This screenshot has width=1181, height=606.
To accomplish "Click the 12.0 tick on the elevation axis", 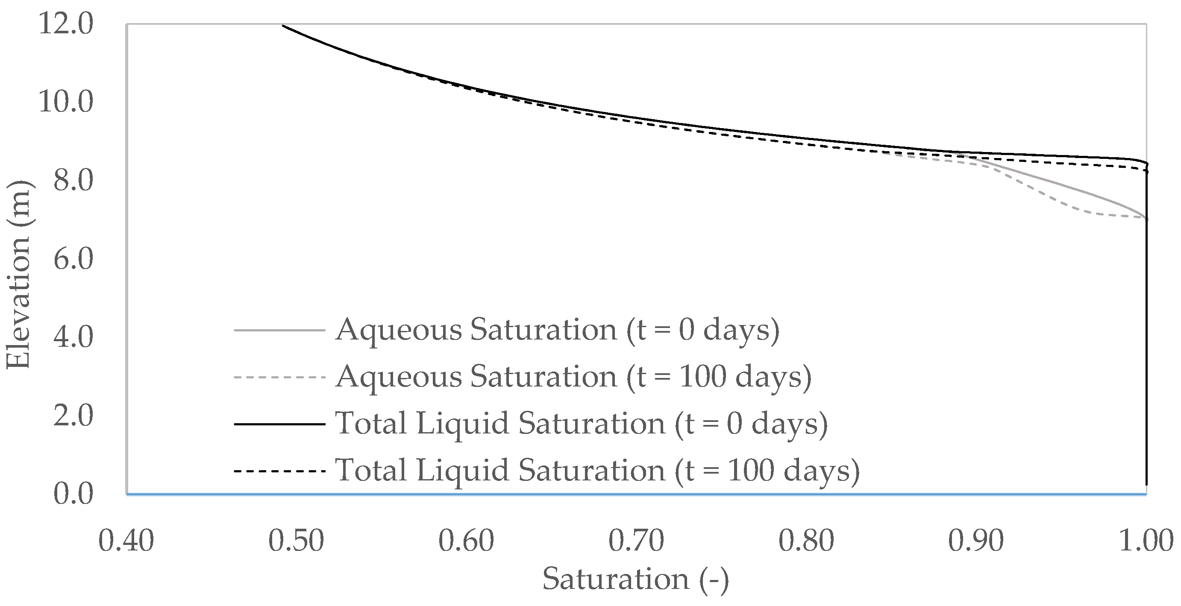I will (67, 24).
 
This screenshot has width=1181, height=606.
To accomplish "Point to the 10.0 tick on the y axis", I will (67, 102).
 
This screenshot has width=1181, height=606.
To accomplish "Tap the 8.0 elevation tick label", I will (73, 181).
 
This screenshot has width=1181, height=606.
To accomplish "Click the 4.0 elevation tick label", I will (73, 337).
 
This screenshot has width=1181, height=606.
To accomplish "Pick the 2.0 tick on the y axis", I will (73, 416).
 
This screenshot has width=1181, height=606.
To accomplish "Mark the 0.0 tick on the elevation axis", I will (73, 494).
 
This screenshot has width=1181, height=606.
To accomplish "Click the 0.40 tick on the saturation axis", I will (126, 541).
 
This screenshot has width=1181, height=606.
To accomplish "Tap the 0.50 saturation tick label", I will (296, 541).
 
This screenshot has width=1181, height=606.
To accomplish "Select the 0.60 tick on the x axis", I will (466, 541).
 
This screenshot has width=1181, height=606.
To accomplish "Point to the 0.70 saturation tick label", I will (636, 541).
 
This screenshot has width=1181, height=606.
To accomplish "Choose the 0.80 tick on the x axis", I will (806, 541).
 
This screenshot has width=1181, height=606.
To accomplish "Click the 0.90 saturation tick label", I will (975, 541).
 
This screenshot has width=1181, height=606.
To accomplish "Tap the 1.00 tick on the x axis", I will (1146, 541).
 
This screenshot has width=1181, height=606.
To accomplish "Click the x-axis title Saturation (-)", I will (635, 580).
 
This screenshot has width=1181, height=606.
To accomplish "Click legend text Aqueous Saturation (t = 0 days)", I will (557, 330).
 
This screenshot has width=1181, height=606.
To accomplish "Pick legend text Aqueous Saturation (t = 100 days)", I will (573, 377).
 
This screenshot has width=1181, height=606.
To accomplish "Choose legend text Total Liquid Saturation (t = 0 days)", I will (582, 424).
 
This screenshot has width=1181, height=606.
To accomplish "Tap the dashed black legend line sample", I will (280, 471).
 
